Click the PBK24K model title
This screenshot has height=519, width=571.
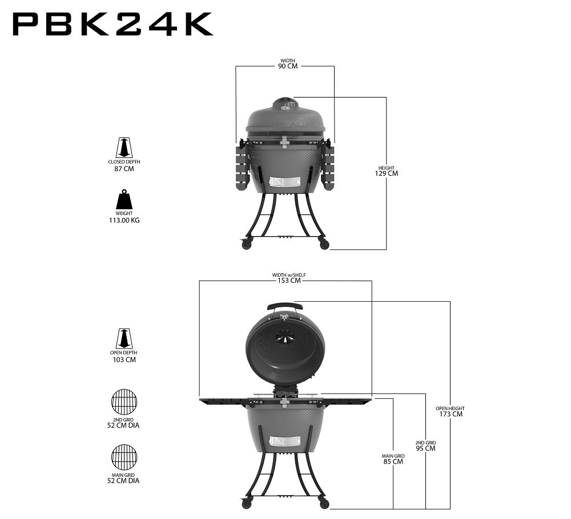point(112,25)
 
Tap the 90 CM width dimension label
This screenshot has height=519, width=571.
point(288,66)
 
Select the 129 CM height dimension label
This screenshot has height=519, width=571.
point(386,173)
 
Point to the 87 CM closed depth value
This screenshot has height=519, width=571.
point(124,169)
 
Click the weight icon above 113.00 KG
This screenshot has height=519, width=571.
point(124,200)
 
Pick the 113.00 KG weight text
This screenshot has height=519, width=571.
point(124,220)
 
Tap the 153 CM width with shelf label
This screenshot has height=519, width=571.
point(288,280)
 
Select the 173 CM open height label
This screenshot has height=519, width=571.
point(450,413)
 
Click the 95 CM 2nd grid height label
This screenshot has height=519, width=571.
point(425,448)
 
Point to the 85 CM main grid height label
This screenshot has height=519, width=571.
point(393,461)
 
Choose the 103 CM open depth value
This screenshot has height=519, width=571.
point(124,360)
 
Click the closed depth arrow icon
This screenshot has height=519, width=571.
point(124,148)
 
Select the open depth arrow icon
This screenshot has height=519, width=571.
point(124,339)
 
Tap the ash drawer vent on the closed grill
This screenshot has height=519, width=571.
point(284,183)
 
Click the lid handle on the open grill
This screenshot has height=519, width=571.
point(284,305)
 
